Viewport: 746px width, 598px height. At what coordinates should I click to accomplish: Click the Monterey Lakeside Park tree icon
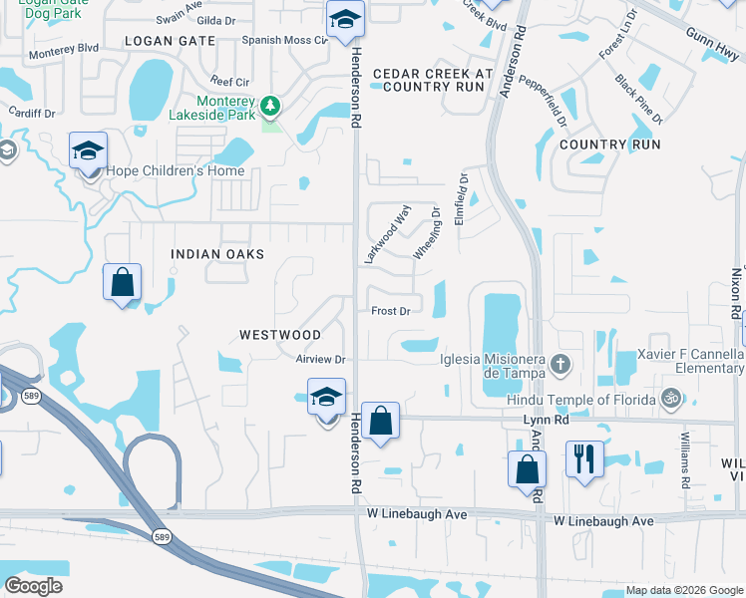pos(268,106)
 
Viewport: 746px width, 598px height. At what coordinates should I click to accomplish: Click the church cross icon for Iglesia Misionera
pos(559,365)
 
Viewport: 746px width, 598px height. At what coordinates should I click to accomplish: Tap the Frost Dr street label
pos(391,311)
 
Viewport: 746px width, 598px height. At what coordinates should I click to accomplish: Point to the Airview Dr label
pos(320,359)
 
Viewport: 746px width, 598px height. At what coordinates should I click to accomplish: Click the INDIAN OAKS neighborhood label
pos(217,254)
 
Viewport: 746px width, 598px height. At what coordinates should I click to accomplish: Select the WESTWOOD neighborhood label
pos(280,335)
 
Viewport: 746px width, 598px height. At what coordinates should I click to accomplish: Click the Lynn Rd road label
pos(546,422)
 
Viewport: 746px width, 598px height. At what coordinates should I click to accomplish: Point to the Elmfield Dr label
pos(461,200)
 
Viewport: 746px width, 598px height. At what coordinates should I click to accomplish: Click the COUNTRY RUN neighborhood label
pos(610,145)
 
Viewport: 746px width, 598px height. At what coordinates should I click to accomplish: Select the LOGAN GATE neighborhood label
pos(170,40)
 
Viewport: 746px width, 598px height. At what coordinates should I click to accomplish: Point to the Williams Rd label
pos(685,458)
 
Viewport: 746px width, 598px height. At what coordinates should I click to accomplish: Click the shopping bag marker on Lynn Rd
pos(380,421)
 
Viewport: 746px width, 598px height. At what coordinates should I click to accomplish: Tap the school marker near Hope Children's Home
pos(88,151)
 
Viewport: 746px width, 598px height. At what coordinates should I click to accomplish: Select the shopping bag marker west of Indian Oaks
pos(122,282)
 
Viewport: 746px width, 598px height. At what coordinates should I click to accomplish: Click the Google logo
pos(34,586)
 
